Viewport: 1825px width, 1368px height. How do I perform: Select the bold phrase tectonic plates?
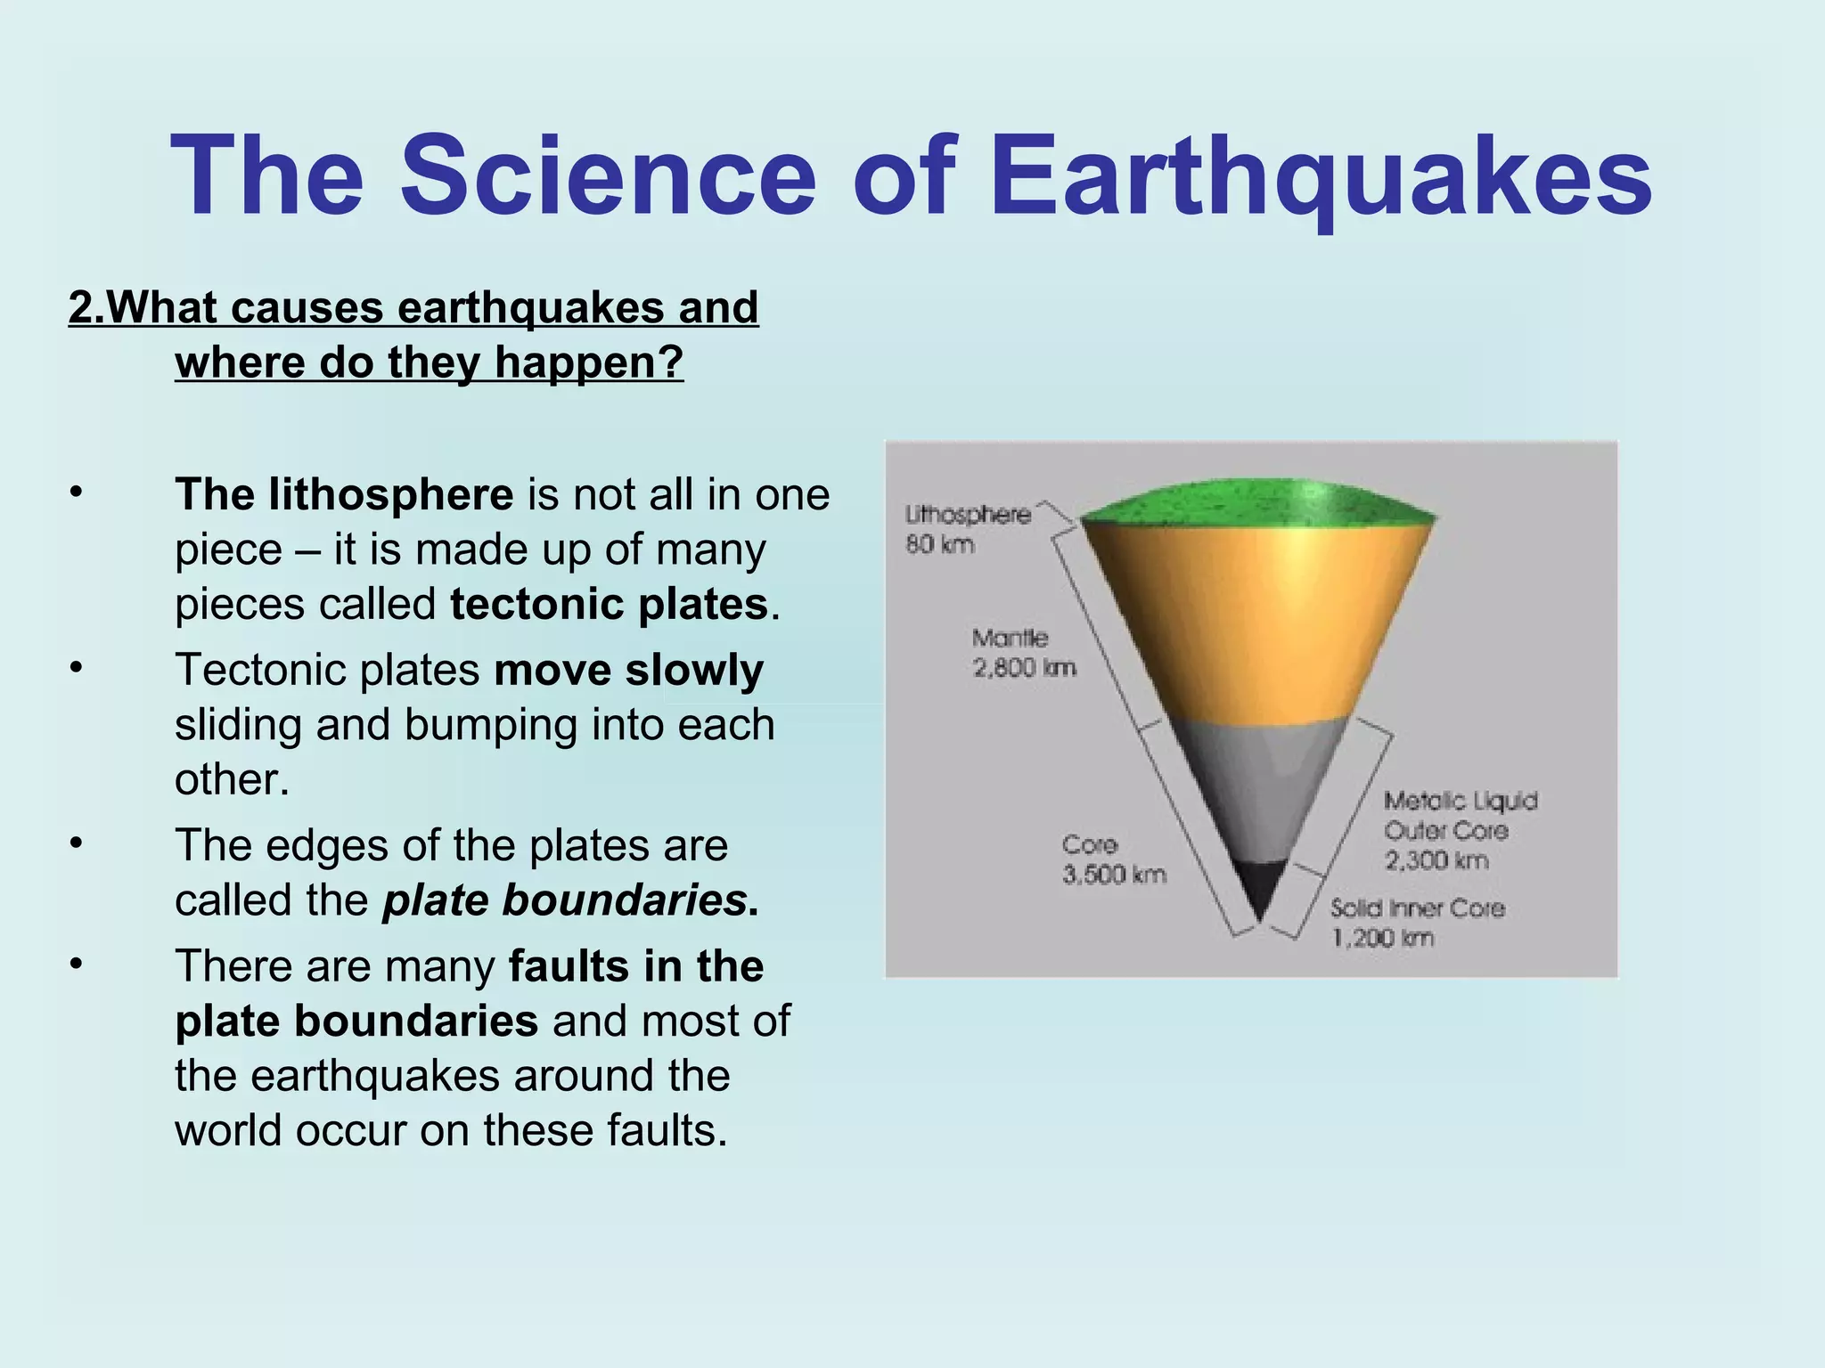tap(609, 605)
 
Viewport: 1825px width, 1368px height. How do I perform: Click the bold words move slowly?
tap(628, 670)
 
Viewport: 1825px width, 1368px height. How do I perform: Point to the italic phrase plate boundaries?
tap(565, 900)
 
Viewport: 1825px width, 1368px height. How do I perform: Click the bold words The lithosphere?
tap(344, 495)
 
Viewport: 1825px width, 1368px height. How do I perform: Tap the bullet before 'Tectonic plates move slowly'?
tap(78, 667)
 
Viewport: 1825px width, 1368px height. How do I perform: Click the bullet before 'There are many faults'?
tap(78, 964)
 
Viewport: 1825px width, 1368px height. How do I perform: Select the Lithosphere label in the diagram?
tap(968, 515)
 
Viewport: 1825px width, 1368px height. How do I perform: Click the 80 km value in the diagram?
tap(940, 544)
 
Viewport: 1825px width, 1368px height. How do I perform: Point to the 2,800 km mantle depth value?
tap(1025, 668)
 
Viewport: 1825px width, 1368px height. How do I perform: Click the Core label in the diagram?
tap(1089, 844)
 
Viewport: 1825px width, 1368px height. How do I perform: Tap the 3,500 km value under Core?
tap(1114, 875)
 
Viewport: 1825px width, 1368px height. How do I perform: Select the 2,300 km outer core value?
tap(1436, 860)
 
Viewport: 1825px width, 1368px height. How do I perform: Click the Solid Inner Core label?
tap(1417, 908)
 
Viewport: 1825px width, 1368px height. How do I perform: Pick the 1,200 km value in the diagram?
tap(1383, 938)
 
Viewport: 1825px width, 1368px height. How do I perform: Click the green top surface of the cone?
tap(1256, 503)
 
